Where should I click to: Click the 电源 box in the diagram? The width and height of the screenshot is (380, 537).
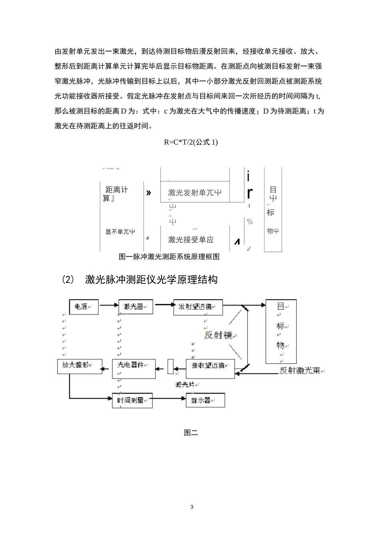pos(83,307)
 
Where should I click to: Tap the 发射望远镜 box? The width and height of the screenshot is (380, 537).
pos(198,307)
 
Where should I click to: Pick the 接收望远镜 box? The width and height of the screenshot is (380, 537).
pos(210,365)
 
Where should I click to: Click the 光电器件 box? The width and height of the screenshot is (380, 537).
pos(133,365)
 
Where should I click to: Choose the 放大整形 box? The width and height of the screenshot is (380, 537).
pos(79,365)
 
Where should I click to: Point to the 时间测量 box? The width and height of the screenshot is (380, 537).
pos(132,400)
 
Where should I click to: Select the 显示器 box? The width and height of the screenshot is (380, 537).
pos(205,400)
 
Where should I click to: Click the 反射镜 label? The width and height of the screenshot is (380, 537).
pos(218,335)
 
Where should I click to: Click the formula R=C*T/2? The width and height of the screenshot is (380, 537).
pos(191,142)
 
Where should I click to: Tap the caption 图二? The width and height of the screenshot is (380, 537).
pos(191,432)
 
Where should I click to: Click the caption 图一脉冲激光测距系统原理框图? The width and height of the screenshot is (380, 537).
pos(169,257)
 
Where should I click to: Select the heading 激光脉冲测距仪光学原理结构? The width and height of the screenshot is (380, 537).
pos(151,280)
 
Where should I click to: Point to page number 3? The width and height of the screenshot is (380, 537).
pos(192,507)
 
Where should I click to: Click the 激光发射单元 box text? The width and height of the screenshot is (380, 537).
pos(195,193)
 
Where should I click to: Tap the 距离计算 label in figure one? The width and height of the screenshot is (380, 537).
pos(116,193)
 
